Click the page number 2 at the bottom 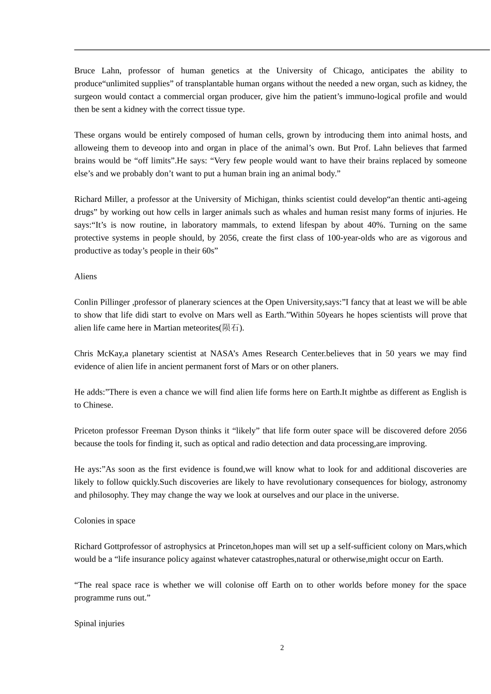tap(282, 648)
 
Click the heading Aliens tap(86, 277)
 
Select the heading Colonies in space tap(105, 521)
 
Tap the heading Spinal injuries tap(99, 624)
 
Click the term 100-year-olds tap(351, 238)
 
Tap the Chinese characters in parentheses tap(231, 328)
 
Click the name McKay tap(109, 354)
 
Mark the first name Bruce tap(85, 71)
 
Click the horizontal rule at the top tap(282, 50)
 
